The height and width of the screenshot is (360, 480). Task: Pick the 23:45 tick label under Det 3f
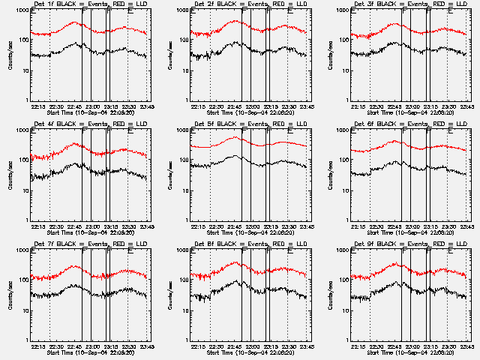[x=469, y=106]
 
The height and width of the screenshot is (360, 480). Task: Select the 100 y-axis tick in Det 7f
[x=23, y=280]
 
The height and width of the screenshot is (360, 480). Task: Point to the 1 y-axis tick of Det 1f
[x=27, y=100]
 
